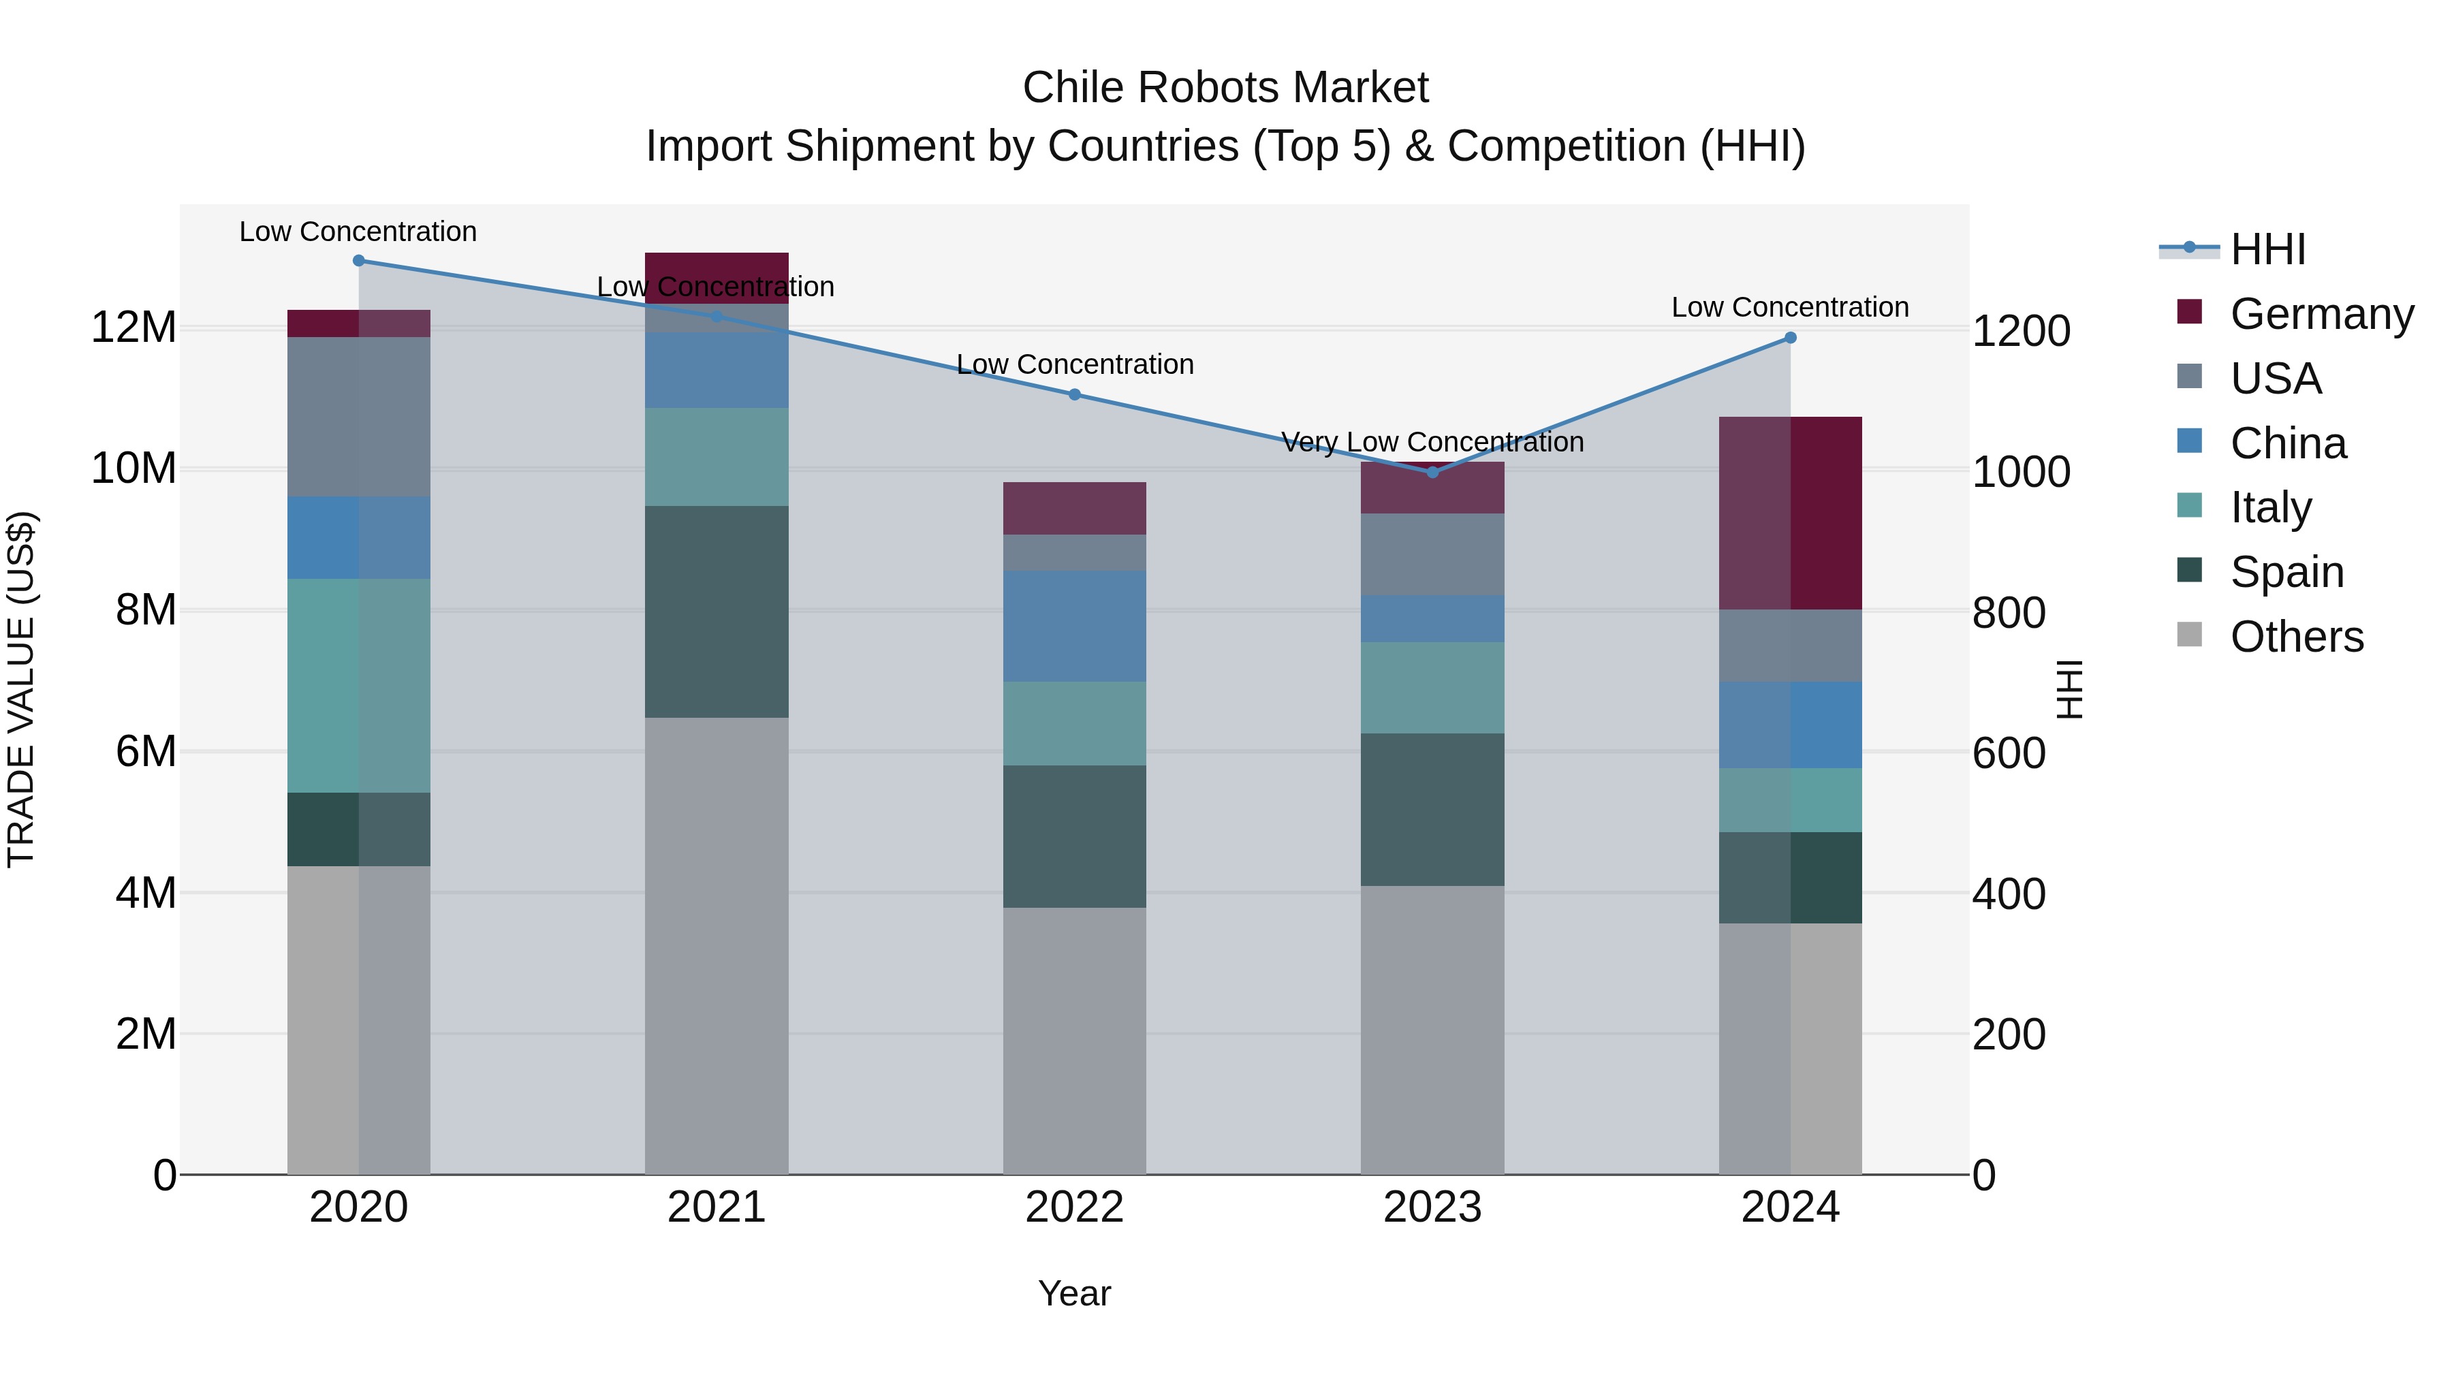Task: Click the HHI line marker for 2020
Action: pyautogui.click(x=359, y=261)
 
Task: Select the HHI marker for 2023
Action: pyautogui.click(x=1432, y=472)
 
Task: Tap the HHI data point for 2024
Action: pyautogui.click(x=1791, y=338)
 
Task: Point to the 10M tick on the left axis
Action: pyautogui.click(x=133, y=469)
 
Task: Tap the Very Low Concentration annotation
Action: pyautogui.click(x=1432, y=443)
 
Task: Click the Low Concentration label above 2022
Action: pyautogui.click(x=1075, y=364)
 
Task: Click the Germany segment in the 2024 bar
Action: pyautogui.click(x=1791, y=514)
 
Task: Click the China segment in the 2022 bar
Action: pyautogui.click(x=1075, y=627)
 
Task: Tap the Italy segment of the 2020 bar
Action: pyautogui.click(x=359, y=685)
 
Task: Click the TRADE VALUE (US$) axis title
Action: pyautogui.click(x=21, y=689)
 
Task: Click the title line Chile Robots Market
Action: pyautogui.click(x=1225, y=88)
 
